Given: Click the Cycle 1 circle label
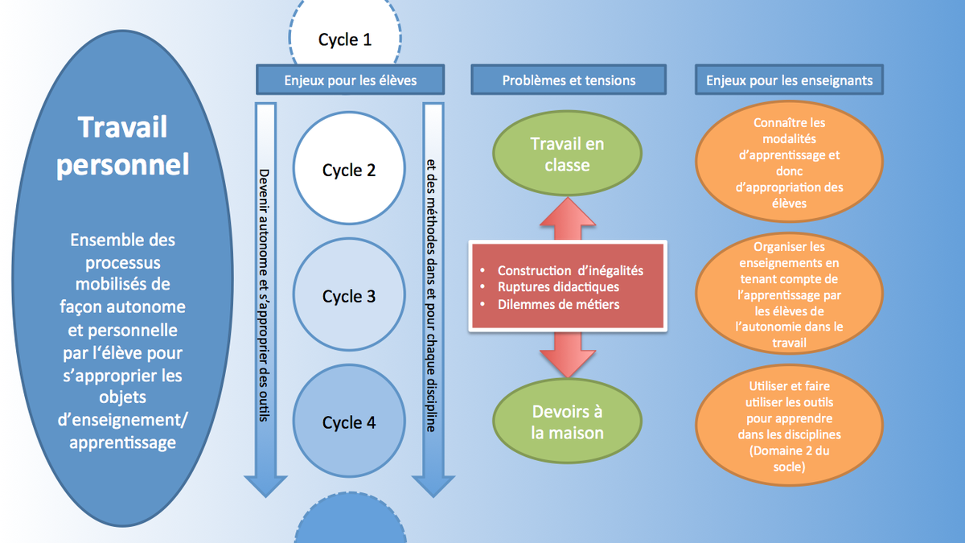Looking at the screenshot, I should click(x=345, y=39).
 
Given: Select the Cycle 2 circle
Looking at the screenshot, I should click(x=349, y=170).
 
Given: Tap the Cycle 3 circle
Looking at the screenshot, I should click(x=349, y=296).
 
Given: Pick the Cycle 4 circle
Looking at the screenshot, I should click(x=349, y=422).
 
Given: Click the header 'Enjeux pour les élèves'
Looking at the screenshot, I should click(x=350, y=80).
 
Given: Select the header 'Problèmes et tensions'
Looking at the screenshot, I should click(x=569, y=80).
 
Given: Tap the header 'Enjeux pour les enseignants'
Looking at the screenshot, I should click(x=789, y=80).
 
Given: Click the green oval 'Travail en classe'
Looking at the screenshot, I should click(x=567, y=154).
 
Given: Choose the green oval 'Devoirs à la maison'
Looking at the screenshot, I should click(x=567, y=422).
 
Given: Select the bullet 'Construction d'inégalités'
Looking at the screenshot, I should click(x=570, y=270).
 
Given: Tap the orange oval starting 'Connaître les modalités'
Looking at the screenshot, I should click(x=789, y=162).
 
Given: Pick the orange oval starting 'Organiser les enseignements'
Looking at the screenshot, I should click(x=789, y=294).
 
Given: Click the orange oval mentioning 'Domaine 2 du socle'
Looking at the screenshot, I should click(x=789, y=426).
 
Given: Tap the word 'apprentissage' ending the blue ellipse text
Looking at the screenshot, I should click(x=123, y=442).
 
